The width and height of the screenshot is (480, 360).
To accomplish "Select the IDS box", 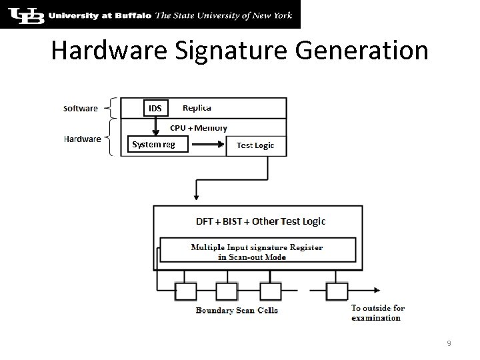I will point(155,108).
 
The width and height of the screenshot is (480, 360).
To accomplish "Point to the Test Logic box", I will point(255,145).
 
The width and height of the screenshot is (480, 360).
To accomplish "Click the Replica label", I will point(197,108).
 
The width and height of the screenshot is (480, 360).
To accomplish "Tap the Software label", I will point(81,108).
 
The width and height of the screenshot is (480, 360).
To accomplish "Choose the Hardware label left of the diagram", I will point(83,139).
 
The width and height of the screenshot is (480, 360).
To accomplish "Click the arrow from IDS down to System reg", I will point(155,125).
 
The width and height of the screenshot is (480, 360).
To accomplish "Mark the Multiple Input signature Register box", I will point(257,251).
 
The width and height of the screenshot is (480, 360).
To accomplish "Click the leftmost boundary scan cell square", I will point(183,291).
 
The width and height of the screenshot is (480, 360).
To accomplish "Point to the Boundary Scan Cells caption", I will point(237,310).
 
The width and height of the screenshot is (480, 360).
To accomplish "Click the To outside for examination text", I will point(378,313).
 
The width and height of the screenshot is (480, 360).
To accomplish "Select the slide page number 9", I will point(449,343).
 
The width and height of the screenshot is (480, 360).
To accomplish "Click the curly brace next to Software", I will point(113,108).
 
